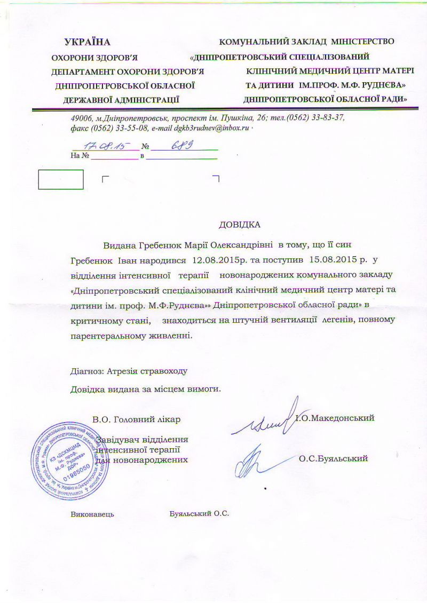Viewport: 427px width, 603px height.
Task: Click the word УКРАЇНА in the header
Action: [x=87, y=42]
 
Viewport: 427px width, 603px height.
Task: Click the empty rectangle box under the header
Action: [x=61, y=179]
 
